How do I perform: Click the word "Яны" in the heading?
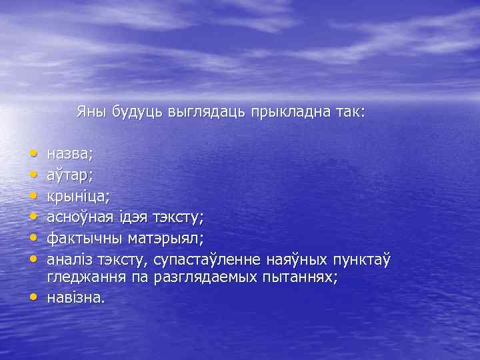tap(90, 111)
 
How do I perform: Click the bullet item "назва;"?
tap(71, 153)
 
